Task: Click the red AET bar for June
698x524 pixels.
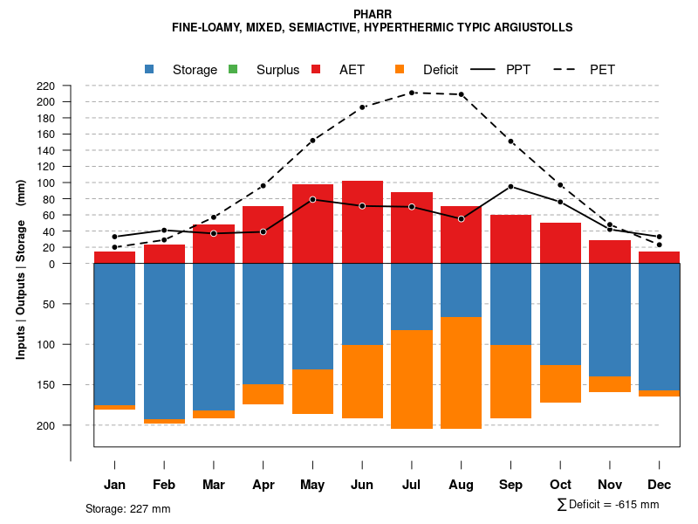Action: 362,222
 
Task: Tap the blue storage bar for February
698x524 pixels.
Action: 164,341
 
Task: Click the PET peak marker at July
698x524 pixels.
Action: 412,93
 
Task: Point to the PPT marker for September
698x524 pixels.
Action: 510,186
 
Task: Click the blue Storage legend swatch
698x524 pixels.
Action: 150,69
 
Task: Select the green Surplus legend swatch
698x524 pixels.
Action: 233,69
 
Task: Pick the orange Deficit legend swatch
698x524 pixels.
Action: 400,69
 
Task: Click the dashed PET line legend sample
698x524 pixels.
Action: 566,69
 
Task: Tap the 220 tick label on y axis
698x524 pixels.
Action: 46,86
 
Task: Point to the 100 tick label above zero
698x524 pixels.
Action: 46,183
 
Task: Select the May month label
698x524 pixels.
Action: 312,485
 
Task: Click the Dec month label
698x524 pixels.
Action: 659,485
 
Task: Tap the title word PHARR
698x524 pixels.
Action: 373,14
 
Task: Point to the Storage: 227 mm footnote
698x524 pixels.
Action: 127,508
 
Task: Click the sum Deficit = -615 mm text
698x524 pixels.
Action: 607,505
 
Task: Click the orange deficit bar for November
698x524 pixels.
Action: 610,384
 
